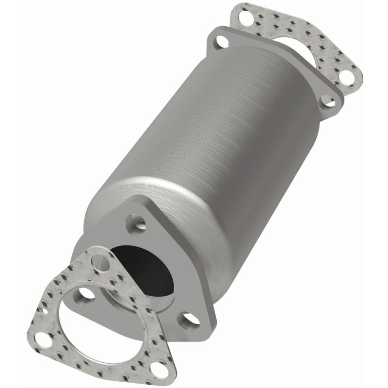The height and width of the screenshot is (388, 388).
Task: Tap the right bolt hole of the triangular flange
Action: (199, 320)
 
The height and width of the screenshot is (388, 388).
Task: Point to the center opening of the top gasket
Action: (296, 53)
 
